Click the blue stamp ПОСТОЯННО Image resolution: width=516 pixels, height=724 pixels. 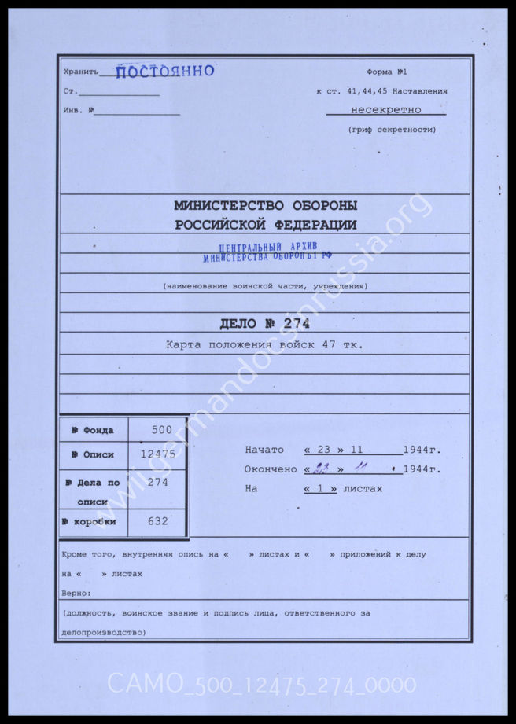click(165, 72)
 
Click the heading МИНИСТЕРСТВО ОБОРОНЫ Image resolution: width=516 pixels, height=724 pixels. click(265, 206)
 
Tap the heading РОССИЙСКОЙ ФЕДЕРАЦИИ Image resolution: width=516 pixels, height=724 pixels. click(265, 225)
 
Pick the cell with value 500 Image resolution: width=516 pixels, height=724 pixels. click(162, 430)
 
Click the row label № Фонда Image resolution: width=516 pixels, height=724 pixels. click(93, 430)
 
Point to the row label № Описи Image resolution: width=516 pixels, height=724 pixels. click(93, 454)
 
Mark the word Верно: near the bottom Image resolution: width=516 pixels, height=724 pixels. click(76, 593)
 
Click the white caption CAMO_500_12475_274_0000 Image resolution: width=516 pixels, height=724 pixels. click(261, 685)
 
